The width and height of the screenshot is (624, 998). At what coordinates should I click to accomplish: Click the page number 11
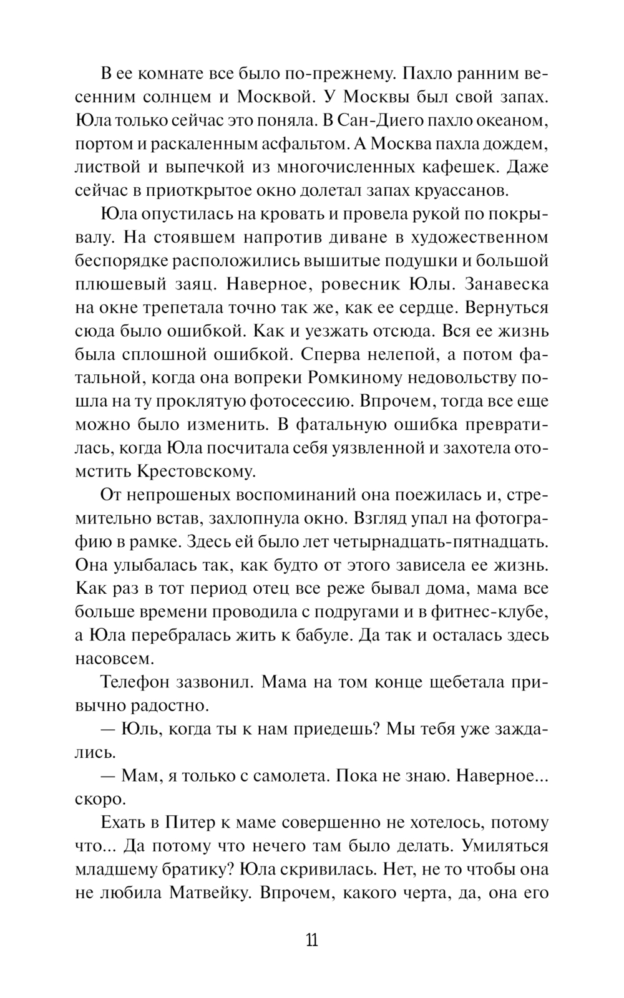coord(312,940)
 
